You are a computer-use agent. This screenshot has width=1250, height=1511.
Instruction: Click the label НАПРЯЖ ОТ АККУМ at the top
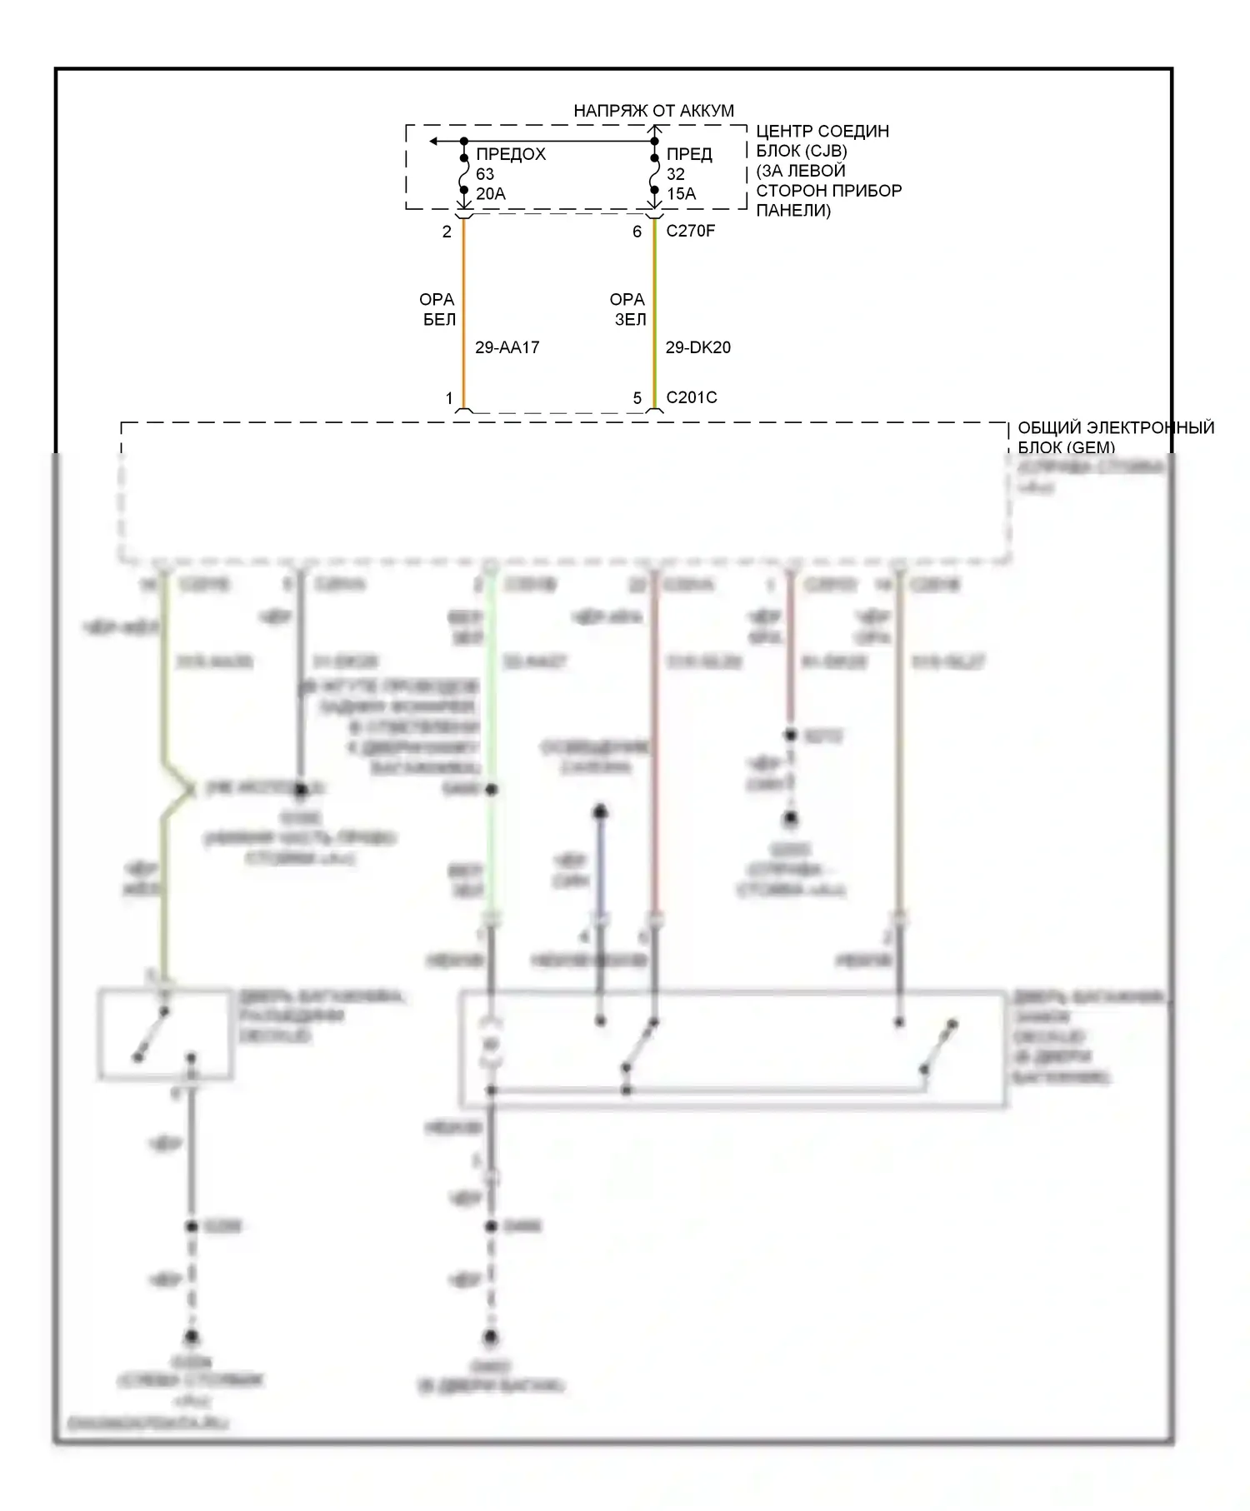(x=653, y=111)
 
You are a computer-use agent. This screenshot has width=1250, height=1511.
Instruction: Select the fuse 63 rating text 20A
(x=491, y=194)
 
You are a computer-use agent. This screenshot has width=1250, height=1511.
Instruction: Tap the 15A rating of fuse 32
(x=681, y=194)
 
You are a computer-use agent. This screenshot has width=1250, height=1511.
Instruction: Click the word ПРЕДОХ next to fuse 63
(x=511, y=154)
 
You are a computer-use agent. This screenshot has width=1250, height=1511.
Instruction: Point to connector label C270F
(x=690, y=231)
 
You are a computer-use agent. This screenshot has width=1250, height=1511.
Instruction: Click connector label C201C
(x=691, y=397)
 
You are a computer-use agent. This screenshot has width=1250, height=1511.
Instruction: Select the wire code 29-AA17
(x=507, y=347)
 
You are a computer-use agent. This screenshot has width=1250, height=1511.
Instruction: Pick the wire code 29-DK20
(x=697, y=347)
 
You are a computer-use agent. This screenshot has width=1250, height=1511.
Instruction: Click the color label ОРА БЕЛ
(x=437, y=309)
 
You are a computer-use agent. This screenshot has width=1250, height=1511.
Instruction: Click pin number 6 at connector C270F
(x=637, y=232)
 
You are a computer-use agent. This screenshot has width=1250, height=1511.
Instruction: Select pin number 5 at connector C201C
(x=637, y=398)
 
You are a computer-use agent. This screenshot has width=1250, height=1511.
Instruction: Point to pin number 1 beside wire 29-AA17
(x=449, y=398)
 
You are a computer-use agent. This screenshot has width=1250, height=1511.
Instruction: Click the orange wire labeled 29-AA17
(x=464, y=317)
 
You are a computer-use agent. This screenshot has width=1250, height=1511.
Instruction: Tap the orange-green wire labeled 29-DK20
(x=654, y=317)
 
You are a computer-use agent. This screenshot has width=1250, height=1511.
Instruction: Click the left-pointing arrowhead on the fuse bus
(x=434, y=142)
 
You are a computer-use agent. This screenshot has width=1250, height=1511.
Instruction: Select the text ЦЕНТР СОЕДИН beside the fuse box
(x=822, y=132)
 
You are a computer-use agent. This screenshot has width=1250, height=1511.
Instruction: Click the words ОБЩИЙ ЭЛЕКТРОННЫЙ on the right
(x=1115, y=428)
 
